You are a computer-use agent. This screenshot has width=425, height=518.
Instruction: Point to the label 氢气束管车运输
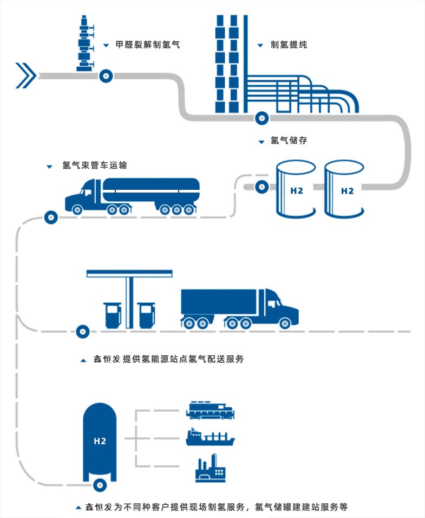click(x=95, y=165)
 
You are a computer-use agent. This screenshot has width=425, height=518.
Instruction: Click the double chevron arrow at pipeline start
click(x=25, y=75)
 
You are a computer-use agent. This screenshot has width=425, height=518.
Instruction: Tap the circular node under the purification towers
click(x=262, y=117)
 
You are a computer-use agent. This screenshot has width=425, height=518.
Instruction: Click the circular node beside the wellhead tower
click(x=106, y=75)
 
